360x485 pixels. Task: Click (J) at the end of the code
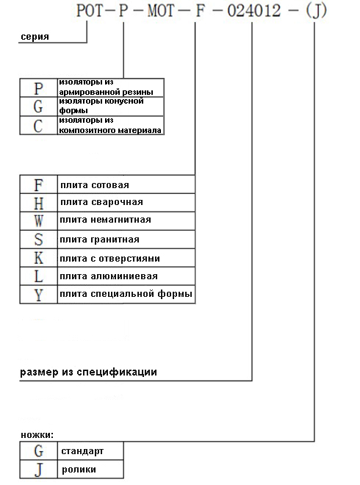tap(314, 12)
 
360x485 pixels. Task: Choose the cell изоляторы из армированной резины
tap(109, 87)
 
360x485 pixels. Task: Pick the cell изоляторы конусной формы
tap(109, 106)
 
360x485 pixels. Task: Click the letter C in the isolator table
tap(38, 125)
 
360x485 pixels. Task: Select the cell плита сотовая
tap(125, 184)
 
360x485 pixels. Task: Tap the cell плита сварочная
tap(125, 203)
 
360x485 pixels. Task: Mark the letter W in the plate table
tap(38, 220)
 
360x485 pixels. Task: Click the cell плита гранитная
tap(125, 240)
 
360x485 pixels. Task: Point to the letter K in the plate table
tap(38, 258)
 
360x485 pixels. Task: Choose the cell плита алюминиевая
tap(125, 276)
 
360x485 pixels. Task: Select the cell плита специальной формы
tap(125, 295)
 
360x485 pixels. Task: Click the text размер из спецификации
tap(88, 373)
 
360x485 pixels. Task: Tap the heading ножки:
tap(37, 436)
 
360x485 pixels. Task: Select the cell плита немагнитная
tap(125, 220)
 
